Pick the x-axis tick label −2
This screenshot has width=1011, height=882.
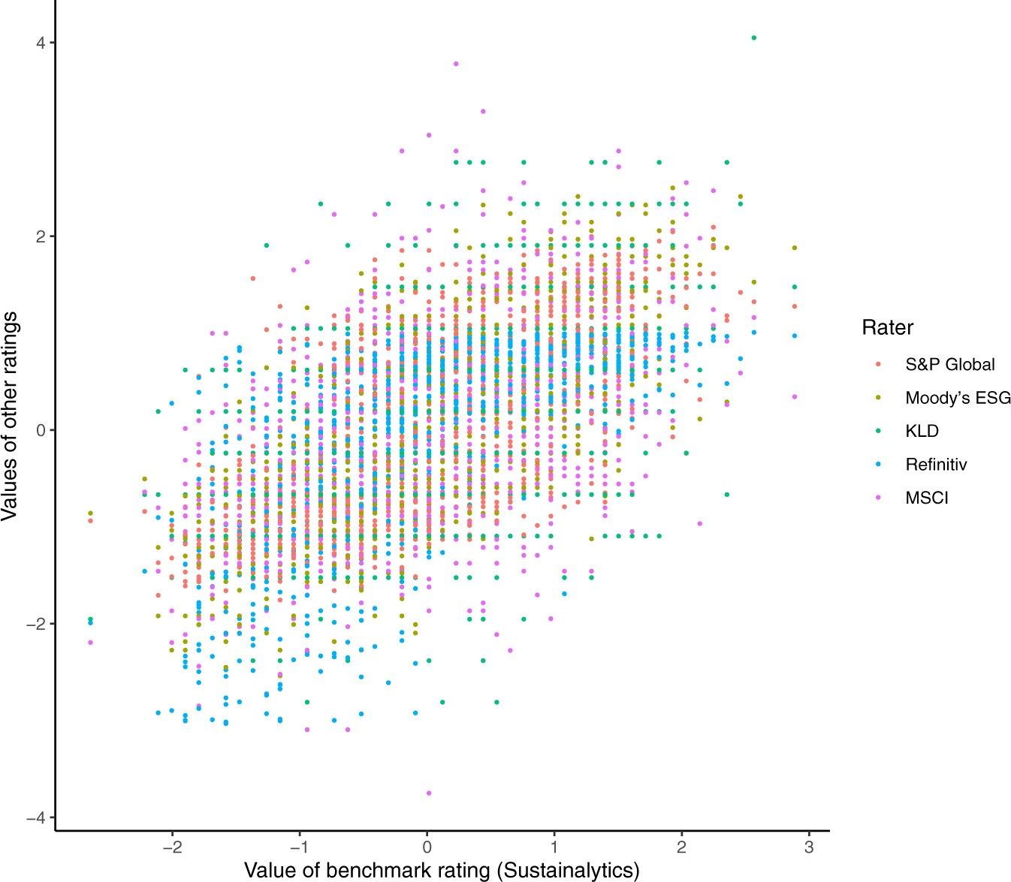tap(172, 847)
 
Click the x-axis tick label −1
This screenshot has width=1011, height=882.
tap(300, 847)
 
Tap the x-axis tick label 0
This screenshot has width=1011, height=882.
tap(427, 847)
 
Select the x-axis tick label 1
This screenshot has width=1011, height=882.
tap(554, 847)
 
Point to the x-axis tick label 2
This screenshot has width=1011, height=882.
tap(681, 847)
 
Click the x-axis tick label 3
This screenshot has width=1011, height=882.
tap(809, 847)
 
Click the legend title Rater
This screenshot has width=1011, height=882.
tap(887, 328)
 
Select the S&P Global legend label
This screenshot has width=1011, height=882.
tap(949, 365)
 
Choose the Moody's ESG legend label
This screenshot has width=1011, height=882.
tap(958, 398)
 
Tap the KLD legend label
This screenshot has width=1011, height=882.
tap(922, 432)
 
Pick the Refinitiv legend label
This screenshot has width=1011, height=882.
tap(936, 465)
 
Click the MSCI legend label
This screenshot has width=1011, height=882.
tap(927, 498)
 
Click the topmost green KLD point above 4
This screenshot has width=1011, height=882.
tap(754, 38)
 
